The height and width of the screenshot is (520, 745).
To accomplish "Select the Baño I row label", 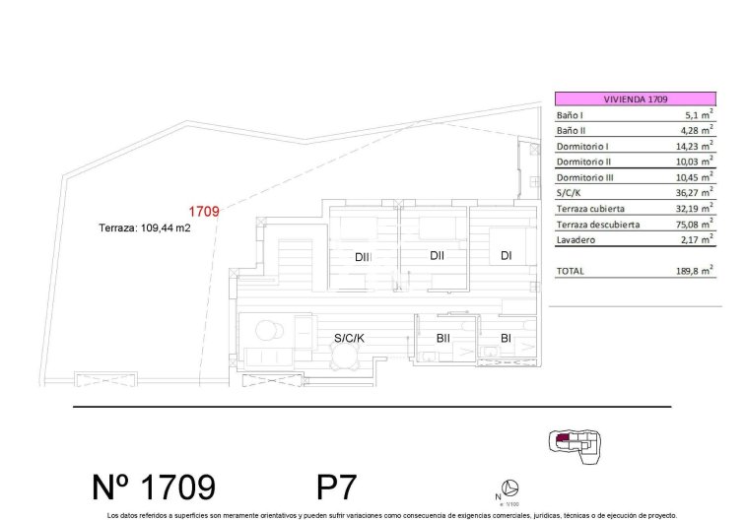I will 571,115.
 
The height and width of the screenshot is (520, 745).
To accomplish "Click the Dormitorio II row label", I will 584,162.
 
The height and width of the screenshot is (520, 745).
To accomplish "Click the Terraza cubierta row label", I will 591,209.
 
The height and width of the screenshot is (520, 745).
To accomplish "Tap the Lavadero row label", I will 575,239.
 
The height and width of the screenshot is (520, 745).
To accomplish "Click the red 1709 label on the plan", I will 203,210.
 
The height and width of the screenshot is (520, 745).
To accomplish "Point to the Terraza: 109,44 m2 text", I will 144,227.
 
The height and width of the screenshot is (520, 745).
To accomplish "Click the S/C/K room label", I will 348,338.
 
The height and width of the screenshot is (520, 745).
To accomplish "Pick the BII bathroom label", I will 443,338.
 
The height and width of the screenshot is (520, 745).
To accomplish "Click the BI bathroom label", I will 506,338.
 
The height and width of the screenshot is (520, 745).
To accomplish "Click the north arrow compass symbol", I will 510,487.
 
